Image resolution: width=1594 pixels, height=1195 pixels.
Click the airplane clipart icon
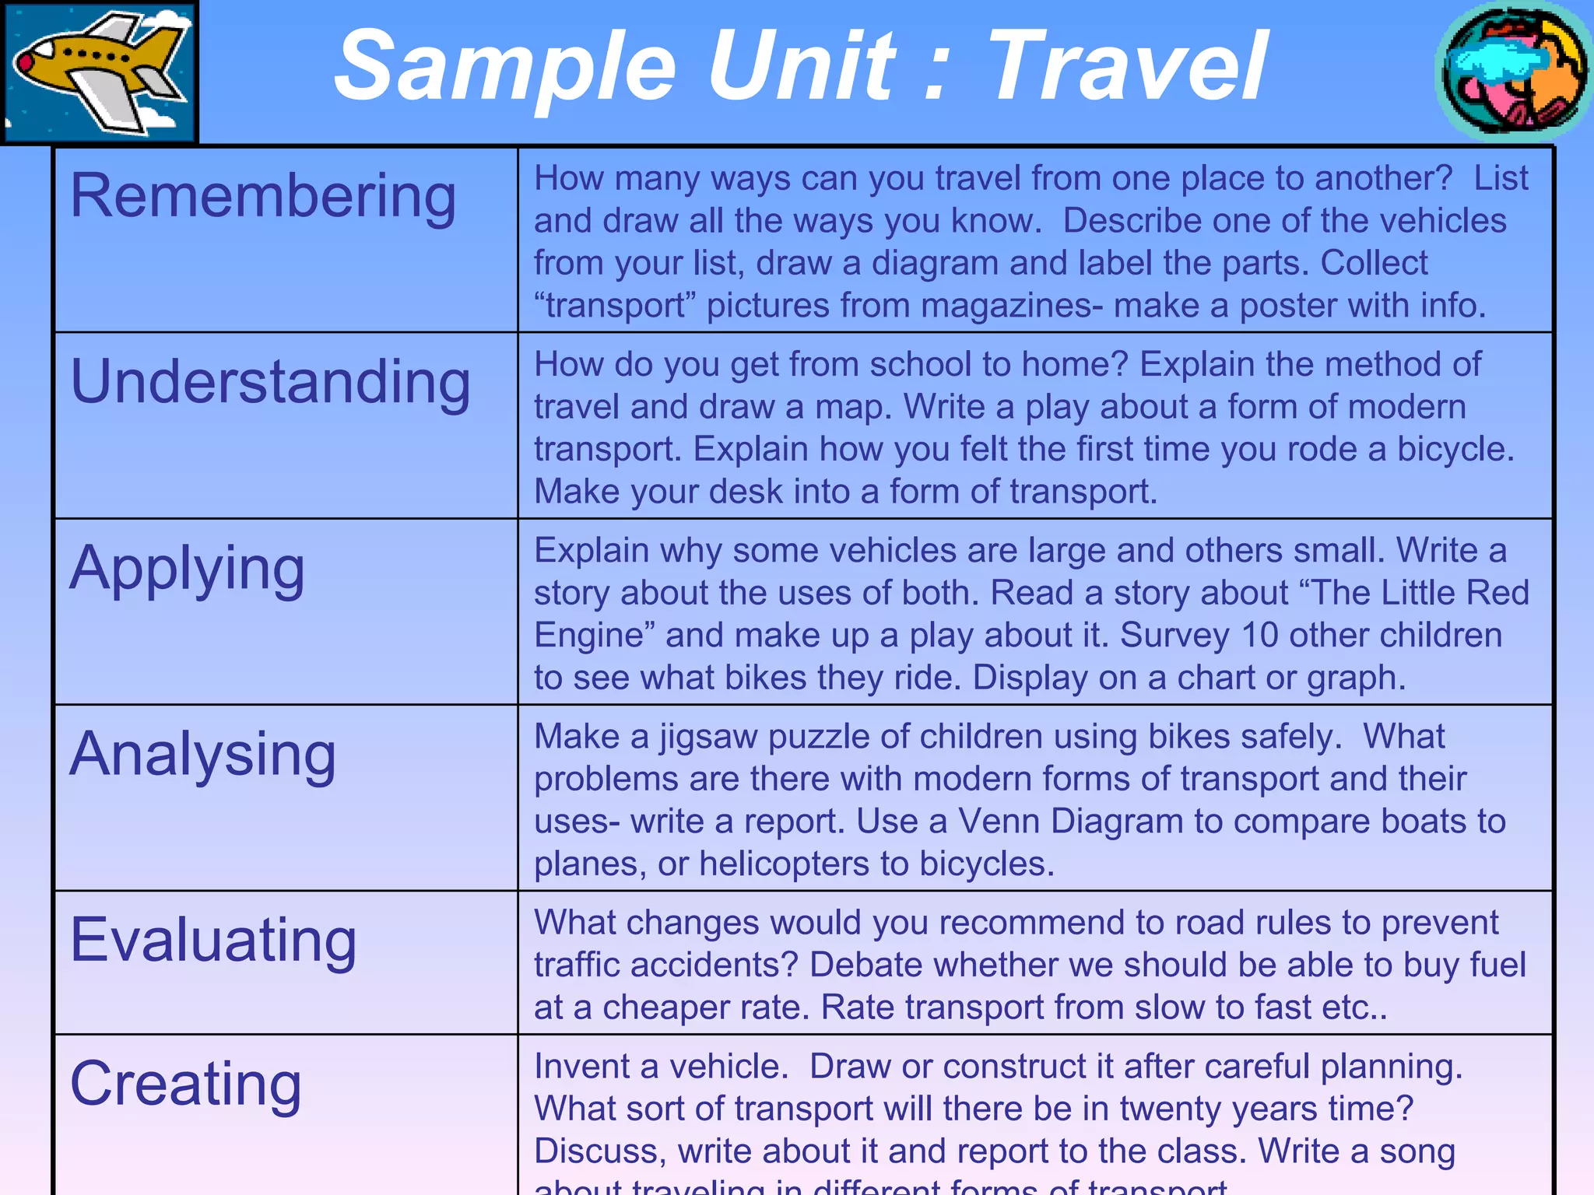(100, 72)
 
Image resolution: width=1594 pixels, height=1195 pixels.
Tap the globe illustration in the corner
(1513, 72)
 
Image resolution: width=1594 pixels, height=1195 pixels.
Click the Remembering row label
(263, 196)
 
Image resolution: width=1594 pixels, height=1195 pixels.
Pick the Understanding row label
(270, 383)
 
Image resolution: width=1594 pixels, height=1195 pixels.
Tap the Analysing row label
(202, 755)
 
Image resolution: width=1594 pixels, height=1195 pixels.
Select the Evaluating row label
(213, 940)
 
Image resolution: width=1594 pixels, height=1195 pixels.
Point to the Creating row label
(185, 1084)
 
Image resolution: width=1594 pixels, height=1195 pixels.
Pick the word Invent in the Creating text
(581, 1067)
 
